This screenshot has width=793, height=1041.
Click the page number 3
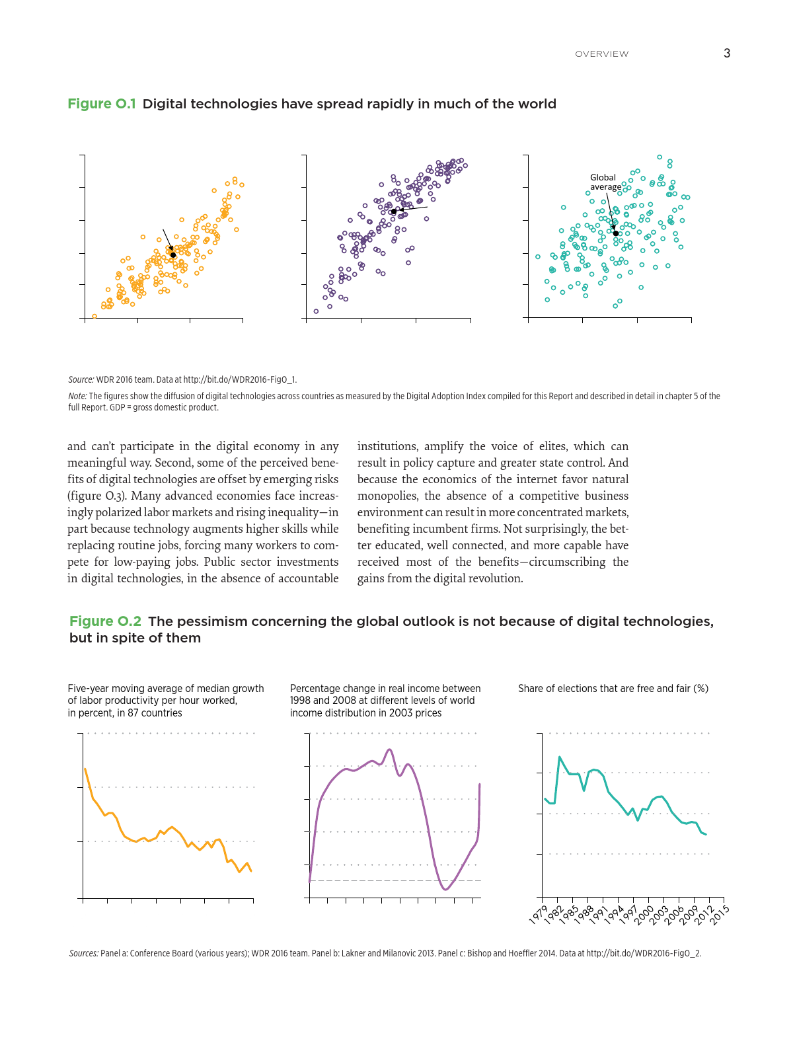727,54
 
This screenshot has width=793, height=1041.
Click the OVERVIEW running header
601,54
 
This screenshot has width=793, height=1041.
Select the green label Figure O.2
105,621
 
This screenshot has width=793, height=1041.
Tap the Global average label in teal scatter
605,182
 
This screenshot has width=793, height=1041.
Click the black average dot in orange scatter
173,254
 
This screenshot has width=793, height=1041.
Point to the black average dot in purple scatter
394,212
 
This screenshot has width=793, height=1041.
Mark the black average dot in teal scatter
615,233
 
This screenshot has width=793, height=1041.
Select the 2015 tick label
720,914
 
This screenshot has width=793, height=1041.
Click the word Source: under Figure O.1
81,380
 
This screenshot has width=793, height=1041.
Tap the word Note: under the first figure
77,397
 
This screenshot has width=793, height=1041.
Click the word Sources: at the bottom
84,953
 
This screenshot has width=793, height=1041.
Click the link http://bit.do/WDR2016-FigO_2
643,953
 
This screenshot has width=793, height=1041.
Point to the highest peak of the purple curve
390,750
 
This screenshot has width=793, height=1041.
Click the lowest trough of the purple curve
445,890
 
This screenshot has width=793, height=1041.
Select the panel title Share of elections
613,689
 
